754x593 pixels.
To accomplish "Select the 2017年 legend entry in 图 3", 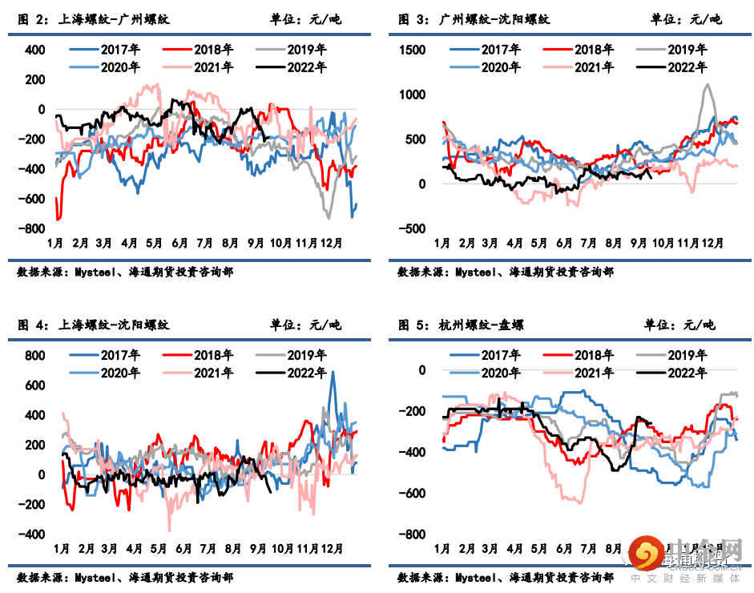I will click(x=490, y=50).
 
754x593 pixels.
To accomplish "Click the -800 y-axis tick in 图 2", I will click(x=34, y=228).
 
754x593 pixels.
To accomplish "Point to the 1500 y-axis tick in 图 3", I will click(x=414, y=50).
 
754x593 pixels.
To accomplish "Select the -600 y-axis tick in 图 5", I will click(x=414, y=494).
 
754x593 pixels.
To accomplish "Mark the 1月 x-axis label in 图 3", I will click(x=442, y=242).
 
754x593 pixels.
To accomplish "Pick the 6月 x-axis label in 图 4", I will click(x=183, y=549).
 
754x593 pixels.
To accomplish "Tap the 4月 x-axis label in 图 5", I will click(x=515, y=549).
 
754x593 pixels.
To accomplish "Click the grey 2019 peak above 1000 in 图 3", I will click(x=707, y=85).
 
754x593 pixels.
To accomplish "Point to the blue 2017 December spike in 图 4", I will click(x=333, y=373).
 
